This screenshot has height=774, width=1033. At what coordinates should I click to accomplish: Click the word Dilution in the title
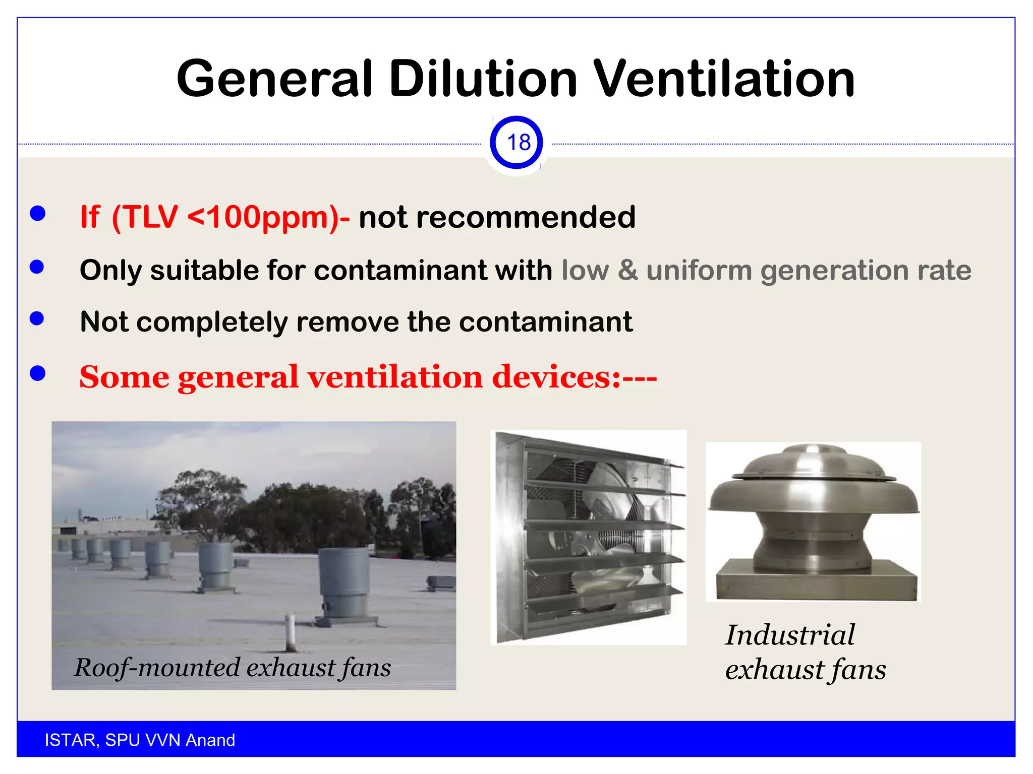(x=483, y=79)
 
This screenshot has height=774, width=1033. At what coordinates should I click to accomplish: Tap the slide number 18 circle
(x=516, y=143)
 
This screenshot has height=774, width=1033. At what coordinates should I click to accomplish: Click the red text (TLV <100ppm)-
(x=231, y=217)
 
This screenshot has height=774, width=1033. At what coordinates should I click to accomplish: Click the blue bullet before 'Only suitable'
(x=37, y=267)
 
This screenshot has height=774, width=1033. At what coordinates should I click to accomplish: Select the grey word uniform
(x=699, y=271)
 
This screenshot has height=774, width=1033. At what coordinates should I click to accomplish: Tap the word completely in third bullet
(x=212, y=322)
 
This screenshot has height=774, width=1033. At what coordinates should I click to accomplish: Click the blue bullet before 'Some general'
(x=38, y=373)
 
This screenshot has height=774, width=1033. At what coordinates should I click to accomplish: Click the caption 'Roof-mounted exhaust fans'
(x=233, y=668)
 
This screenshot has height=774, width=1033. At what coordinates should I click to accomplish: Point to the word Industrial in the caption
(x=790, y=635)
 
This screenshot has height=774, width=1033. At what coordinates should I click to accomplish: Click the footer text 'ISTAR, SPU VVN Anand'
(x=140, y=740)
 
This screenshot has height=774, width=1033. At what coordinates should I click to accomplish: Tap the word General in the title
(x=274, y=79)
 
